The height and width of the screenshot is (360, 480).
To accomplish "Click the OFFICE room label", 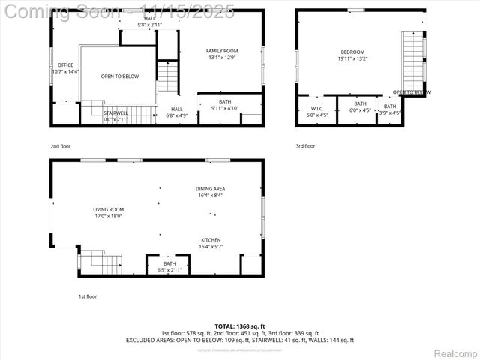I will pos(65,65).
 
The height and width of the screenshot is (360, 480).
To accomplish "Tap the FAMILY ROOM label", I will pos(222,51).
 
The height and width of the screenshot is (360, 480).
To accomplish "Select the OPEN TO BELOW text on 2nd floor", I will pos(119,76).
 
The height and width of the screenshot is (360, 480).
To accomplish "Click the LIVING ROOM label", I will pos(108,210).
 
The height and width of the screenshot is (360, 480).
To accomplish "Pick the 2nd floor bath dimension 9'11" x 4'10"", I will pos(225,105).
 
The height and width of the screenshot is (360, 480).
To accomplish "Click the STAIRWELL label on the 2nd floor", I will pos(116,113).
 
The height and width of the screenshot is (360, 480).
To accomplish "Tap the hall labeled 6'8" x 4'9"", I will pos(176,112).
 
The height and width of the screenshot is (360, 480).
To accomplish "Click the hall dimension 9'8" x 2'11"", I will pos(151,21).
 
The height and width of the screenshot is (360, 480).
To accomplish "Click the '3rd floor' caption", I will pos(305,146).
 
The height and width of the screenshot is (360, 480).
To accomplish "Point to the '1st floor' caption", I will pos(88,296).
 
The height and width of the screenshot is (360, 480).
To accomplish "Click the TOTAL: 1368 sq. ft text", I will pos(240,326).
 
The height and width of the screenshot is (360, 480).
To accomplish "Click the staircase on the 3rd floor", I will pos(412,60).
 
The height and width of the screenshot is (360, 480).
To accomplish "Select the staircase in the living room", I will pos(100,262).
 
